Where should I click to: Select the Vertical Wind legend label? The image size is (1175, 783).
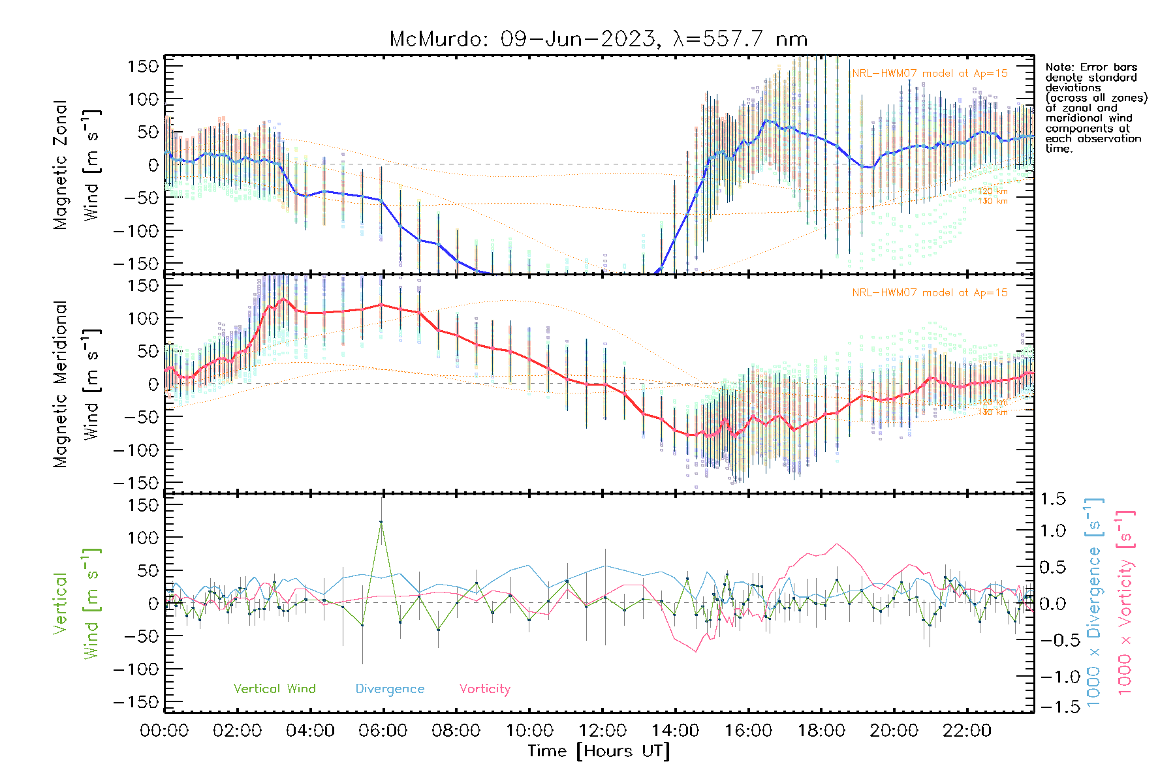pos(274,689)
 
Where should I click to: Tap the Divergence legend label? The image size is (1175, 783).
pos(390,689)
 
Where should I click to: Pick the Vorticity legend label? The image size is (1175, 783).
pos(484,689)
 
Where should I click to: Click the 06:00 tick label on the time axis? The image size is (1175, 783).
pos(383,731)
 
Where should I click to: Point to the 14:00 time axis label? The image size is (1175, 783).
pos(675,731)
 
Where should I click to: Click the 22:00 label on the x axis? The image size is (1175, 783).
pos(967,731)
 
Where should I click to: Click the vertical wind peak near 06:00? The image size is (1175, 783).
pos(381,522)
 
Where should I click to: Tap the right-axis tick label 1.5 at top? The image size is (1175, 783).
pos(1052,499)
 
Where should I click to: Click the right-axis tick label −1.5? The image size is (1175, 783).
pos(1052,707)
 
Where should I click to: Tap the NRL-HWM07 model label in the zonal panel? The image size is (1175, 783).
pos(930,74)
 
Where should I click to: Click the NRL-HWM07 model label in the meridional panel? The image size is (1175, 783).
pos(930,293)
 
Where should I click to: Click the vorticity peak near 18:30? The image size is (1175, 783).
pos(837,544)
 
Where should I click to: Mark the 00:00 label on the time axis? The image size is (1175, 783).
pos(164,731)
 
